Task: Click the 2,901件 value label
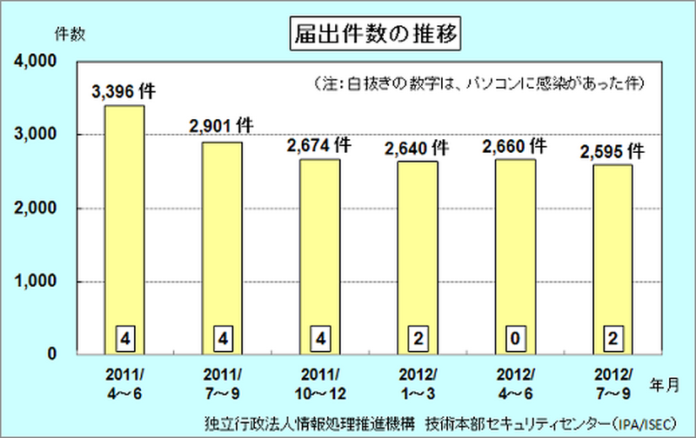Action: (221, 127)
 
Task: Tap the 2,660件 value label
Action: (515, 144)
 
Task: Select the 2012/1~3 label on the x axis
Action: (418, 383)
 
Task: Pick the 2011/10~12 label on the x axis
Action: (320, 383)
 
